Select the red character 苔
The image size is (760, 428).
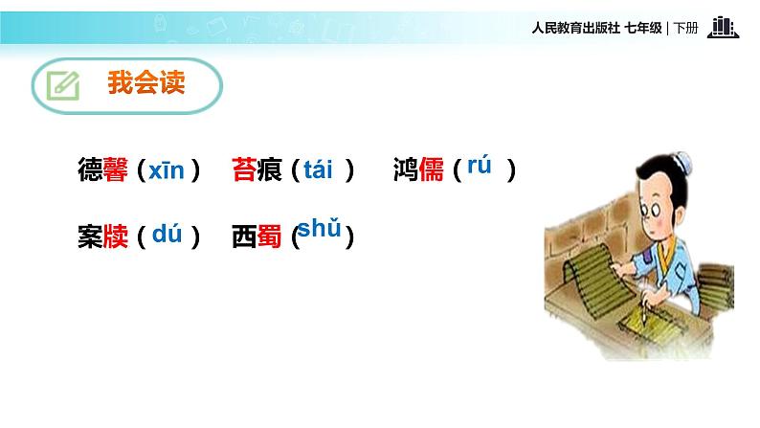(243, 171)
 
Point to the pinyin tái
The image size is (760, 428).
(317, 170)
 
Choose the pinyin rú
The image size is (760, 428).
(479, 166)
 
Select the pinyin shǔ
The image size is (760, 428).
(320, 229)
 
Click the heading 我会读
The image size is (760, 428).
(145, 84)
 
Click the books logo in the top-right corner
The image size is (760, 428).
(724, 28)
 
